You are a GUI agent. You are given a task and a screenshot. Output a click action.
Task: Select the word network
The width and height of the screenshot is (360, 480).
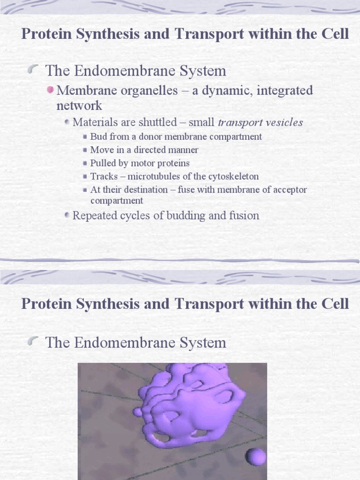pos(79,105)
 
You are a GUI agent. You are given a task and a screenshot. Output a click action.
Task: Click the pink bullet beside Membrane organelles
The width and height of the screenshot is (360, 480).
pos(51,89)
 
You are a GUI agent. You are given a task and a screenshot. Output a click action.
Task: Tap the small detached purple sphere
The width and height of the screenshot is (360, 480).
pos(256,457)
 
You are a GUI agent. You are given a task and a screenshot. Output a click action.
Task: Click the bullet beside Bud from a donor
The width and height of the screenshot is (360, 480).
pos(84,137)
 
